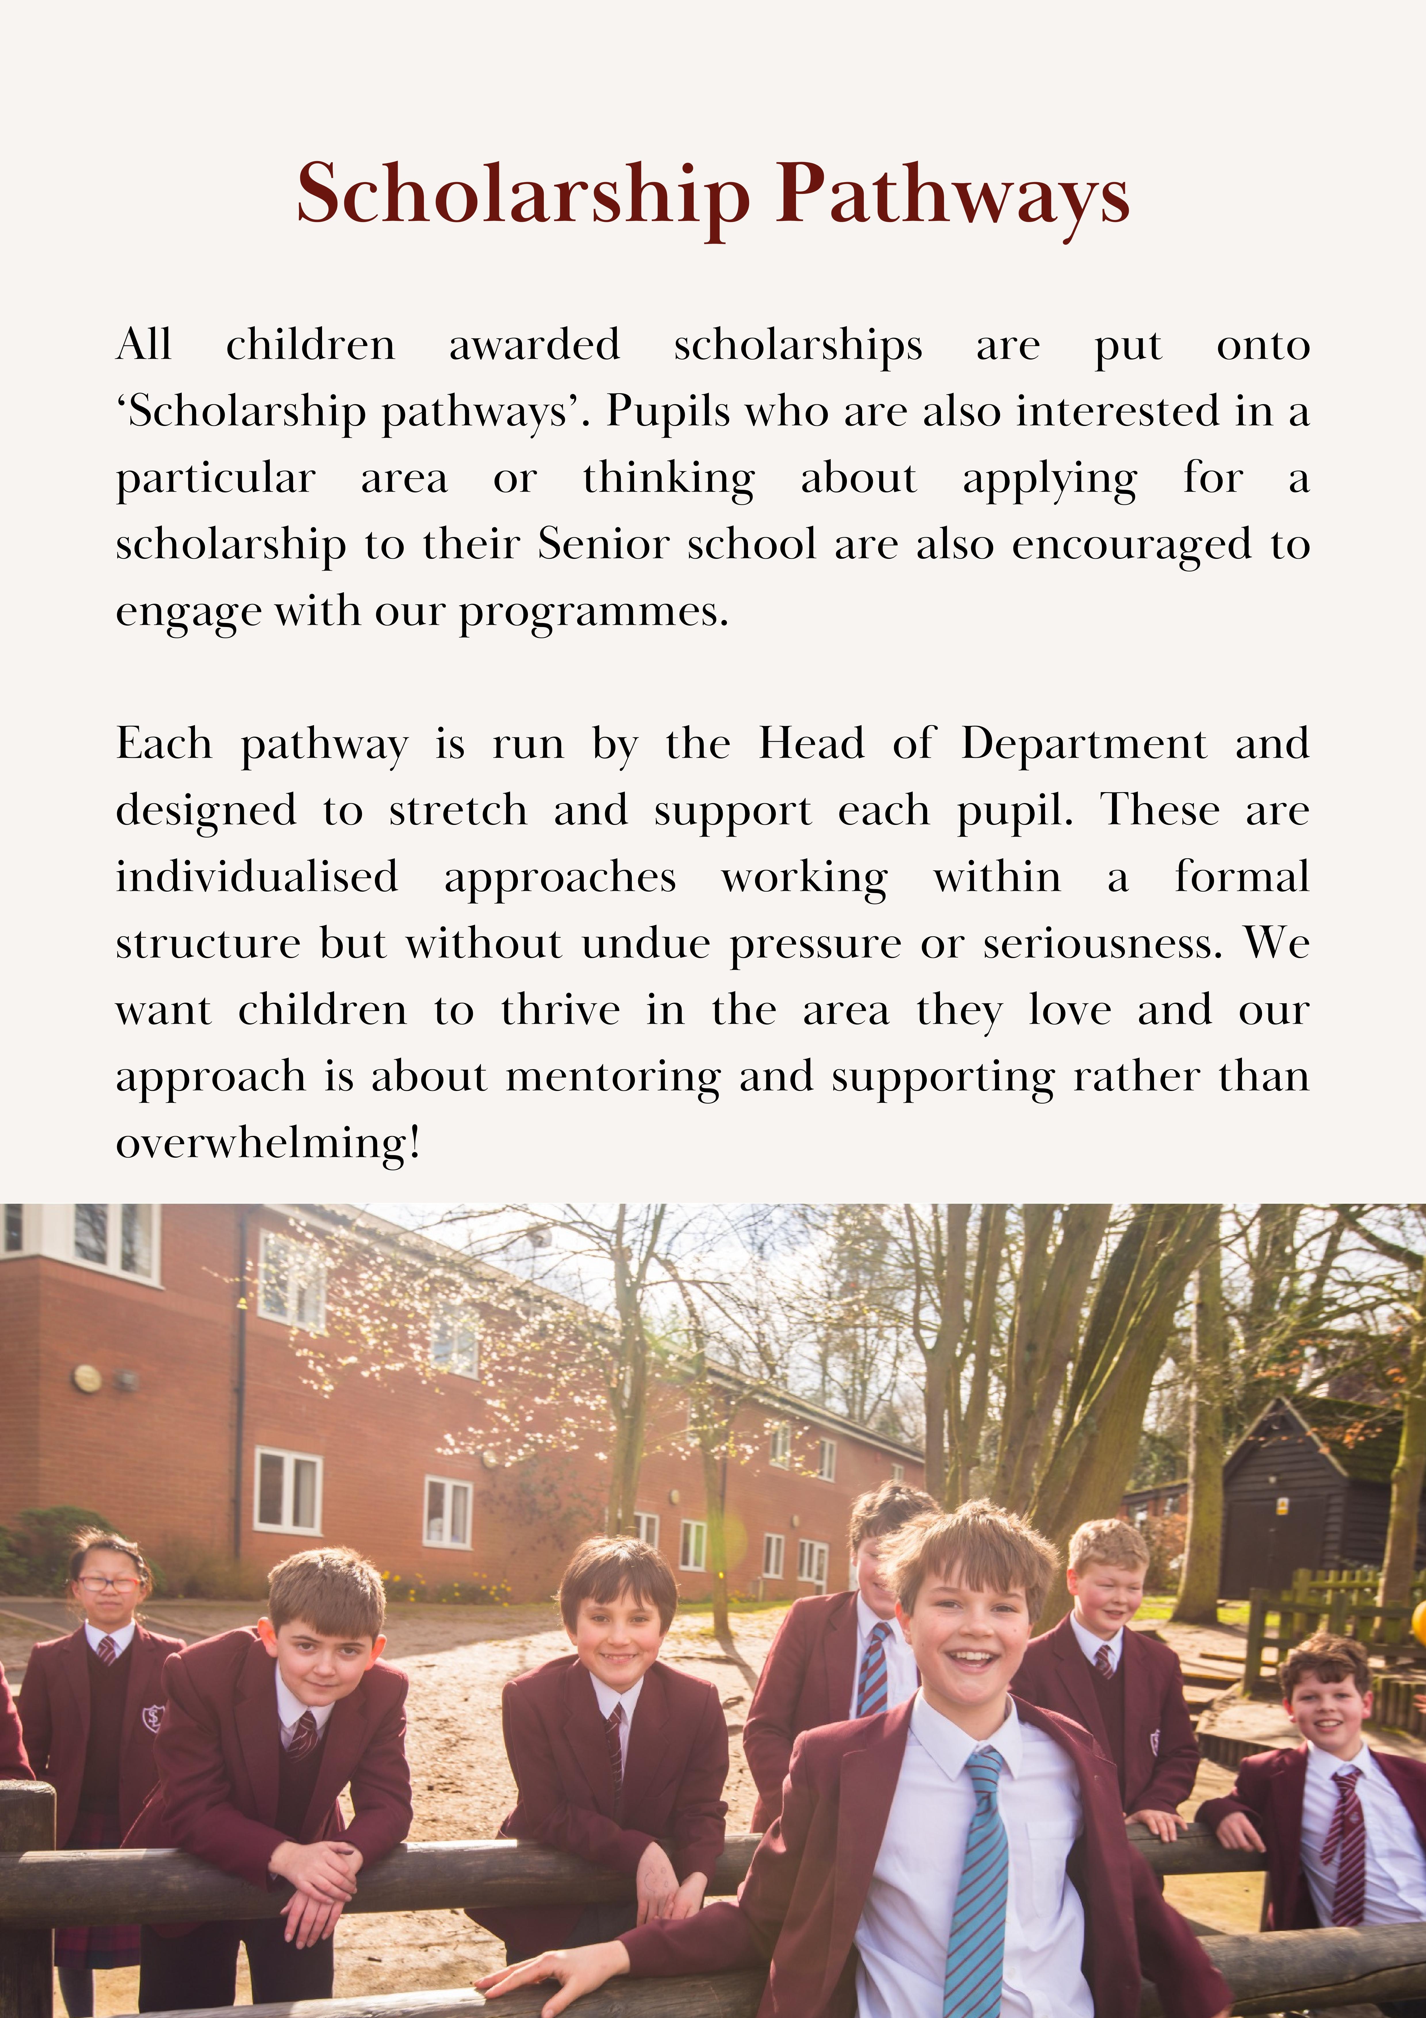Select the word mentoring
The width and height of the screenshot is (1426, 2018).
coord(613,1077)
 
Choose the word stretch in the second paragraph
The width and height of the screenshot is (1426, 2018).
coord(458,810)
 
